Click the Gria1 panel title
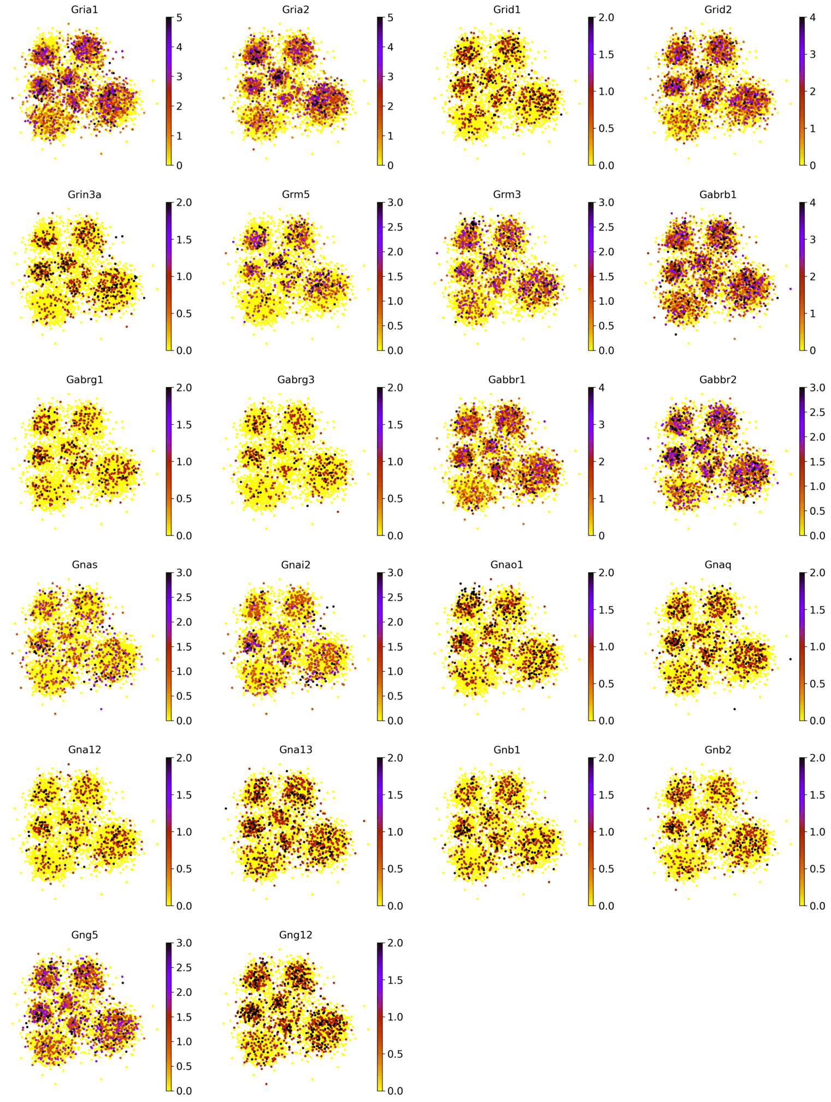click(x=84, y=9)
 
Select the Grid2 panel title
click(x=718, y=9)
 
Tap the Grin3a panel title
click(x=84, y=194)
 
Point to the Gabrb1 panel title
click(x=718, y=194)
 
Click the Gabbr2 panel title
click(x=718, y=380)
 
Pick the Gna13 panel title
click(x=296, y=750)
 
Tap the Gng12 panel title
click(x=296, y=935)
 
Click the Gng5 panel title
click(x=84, y=935)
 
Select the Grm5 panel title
click(x=296, y=194)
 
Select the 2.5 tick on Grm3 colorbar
click(x=606, y=227)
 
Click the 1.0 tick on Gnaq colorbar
click(x=817, y=647)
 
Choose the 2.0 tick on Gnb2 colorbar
click(x=817, y=758)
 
